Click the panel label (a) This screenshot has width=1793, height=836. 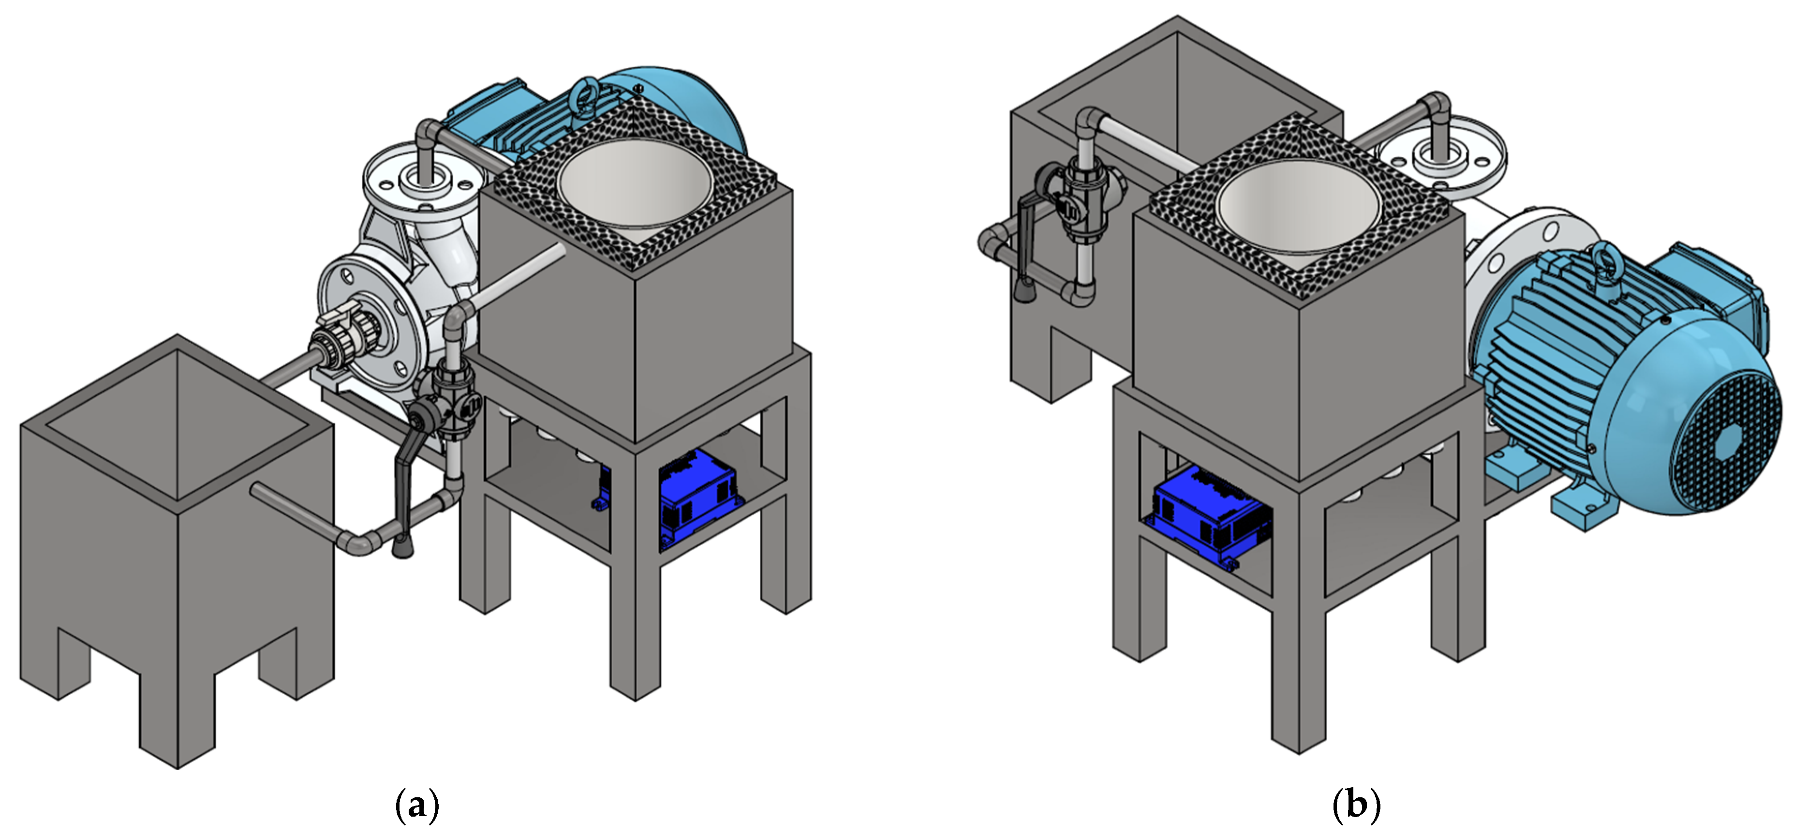click(417, 806)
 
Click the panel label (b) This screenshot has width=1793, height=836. click(1356, 806)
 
